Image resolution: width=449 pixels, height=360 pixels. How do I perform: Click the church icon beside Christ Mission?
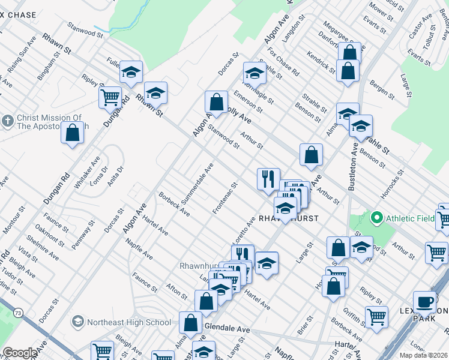point(8,121)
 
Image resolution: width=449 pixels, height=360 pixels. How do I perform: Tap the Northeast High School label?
point(128,322)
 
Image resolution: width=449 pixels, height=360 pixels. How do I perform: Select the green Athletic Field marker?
point(377,217)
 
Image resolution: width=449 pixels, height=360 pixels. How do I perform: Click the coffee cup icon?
point(425,301)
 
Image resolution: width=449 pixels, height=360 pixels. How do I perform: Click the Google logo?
point(19,353)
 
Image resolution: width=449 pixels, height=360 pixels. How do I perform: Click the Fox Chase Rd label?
point(284,61)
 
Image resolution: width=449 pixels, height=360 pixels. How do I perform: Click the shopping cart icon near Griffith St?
point(376,315)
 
